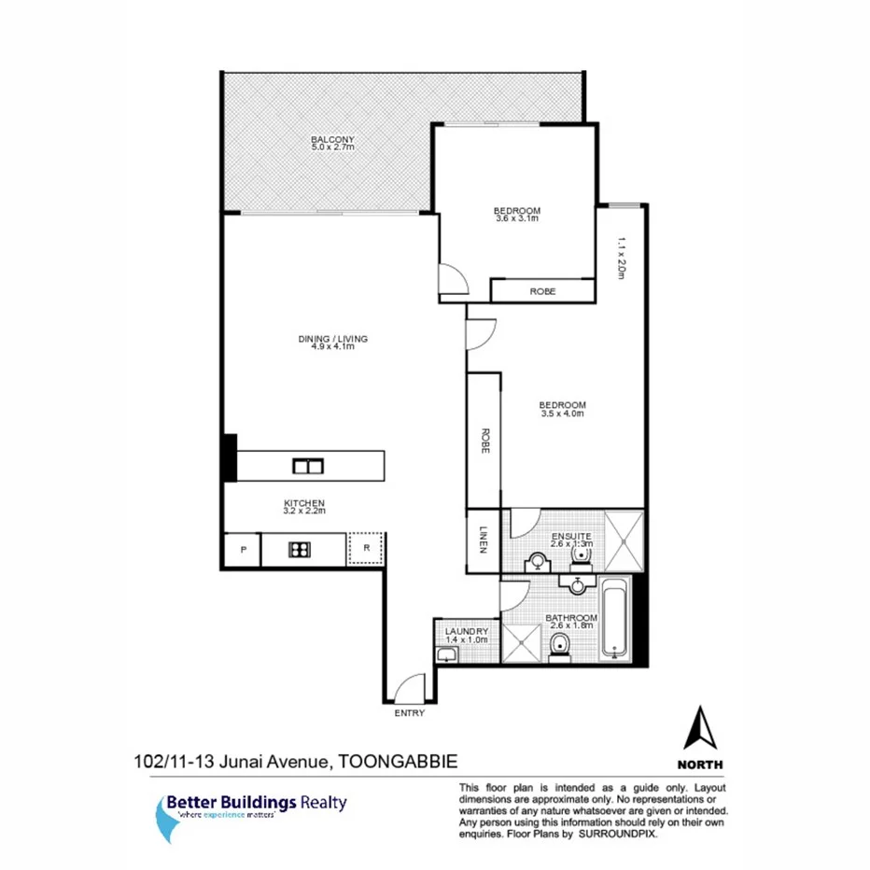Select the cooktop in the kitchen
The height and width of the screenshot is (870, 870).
(x=299, y=550)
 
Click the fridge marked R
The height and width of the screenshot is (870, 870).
(x=367, y=550)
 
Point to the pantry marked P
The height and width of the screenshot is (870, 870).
(x=243, y=550)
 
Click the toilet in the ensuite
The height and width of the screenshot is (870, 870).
(x=582, y=556)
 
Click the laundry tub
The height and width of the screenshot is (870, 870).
(x=444, y=656)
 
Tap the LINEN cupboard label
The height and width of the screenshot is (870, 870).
(x=484, y=540)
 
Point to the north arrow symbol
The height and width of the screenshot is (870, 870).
(x=702, y=728)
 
